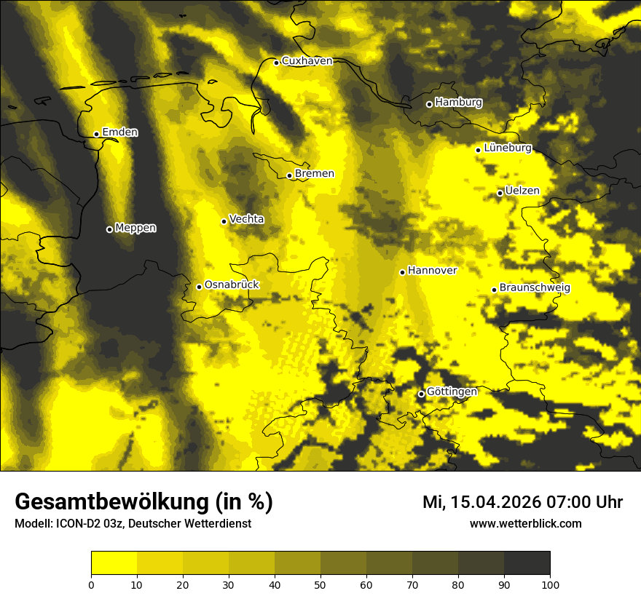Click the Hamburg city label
click(x=458, y=103)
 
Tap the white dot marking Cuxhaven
click(x=277, y=63)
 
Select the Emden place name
click(x=119, y=132)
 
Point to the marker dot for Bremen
click(x=289, y=175)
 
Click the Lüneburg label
click(x=507, y=148)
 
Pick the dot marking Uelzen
click(x=500, y=193)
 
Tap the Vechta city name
click(x=246, y=219)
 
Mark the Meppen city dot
click(x=109, y=229)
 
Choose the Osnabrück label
click(x=232, y=285)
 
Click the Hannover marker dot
click(x=402, y=272)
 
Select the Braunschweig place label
click(x=535, y=288)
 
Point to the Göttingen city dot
click(x=421, y=394)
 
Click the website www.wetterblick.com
click(x=525, y=524)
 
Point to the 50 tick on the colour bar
click(x=320, y=584)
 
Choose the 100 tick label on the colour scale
click(x=550, y=584)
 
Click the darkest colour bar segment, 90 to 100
click(x=527, y=563)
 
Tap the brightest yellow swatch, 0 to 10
click(x=114, y=563)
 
